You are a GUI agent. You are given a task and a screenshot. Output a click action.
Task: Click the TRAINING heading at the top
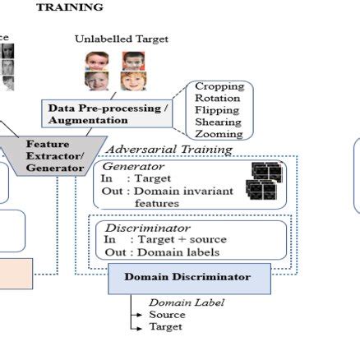tap(70, 7)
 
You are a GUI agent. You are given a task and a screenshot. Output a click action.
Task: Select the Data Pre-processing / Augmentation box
tap(108, 113)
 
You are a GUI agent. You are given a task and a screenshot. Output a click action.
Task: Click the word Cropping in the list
tap(219, 86)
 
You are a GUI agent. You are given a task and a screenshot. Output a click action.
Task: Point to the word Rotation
tap(218, 99)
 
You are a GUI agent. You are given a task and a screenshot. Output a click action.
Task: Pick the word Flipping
tap(217, 110)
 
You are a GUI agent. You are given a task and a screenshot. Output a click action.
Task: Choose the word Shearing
tap(218, 122)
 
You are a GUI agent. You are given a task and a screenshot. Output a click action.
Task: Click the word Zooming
tap(219, 133)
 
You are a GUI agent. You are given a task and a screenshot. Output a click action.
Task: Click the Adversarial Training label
tap(169, 150)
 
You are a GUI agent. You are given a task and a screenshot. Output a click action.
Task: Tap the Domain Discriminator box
tap(187, 278)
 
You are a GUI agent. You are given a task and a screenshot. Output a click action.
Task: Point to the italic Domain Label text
tap(187, 302)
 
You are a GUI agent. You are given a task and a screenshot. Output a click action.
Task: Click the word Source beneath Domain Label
tap(167, 314)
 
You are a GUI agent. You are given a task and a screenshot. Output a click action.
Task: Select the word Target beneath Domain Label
tap(165, 326)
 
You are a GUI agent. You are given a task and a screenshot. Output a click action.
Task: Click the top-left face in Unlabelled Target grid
tap(96, 61)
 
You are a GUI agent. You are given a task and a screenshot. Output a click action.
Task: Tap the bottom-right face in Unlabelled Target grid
tap(132, 81)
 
